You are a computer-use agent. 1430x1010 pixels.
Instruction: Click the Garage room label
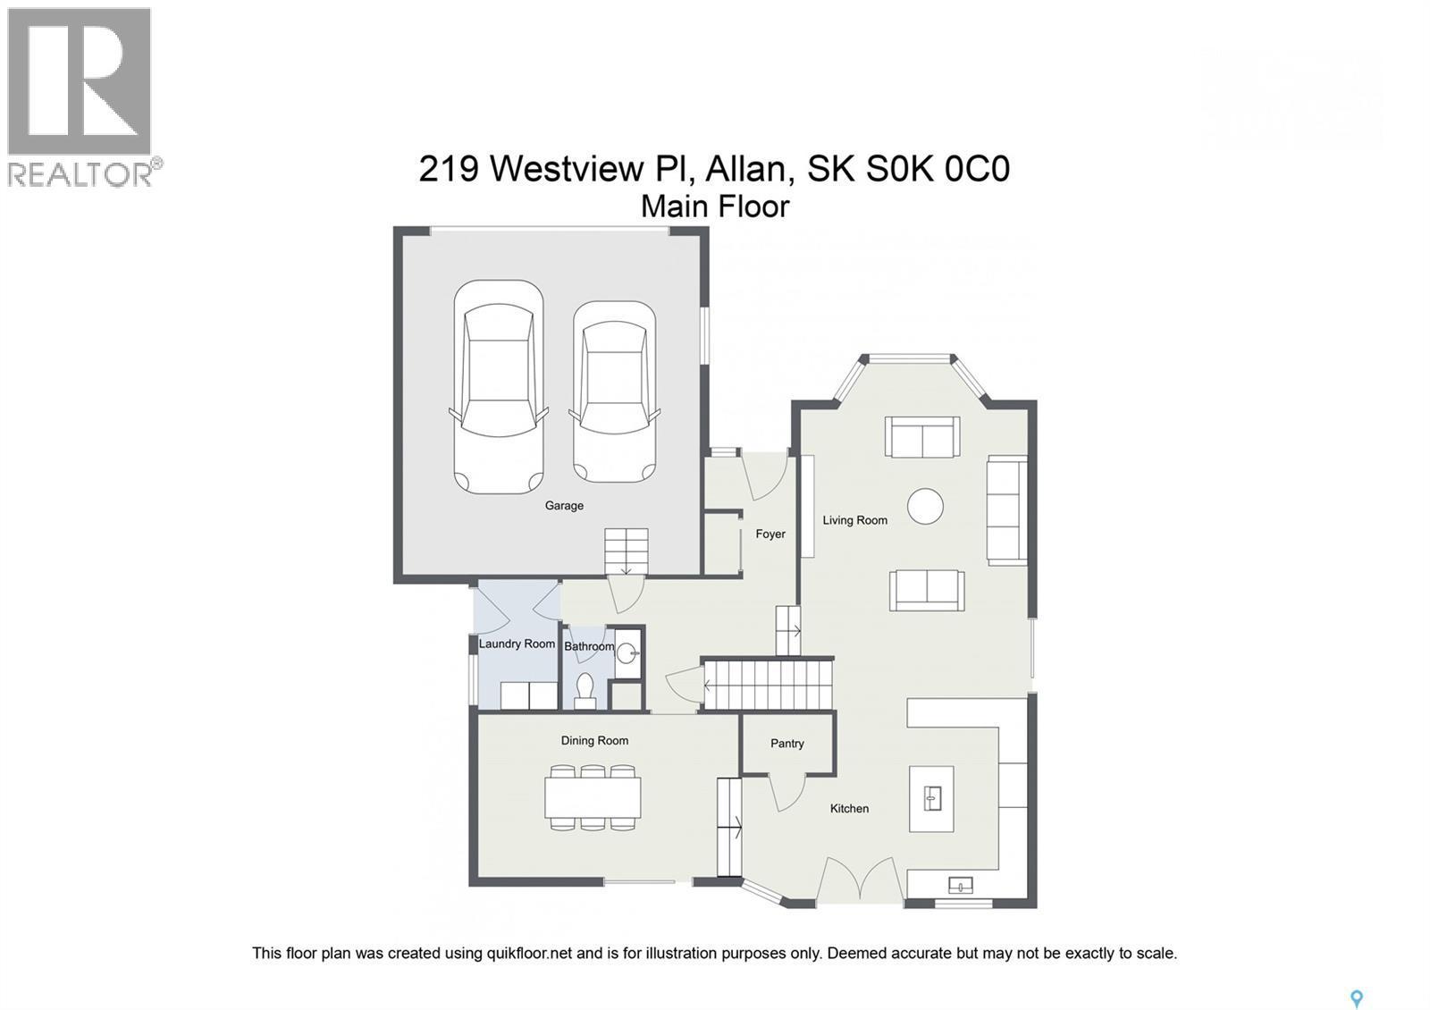point(564,506)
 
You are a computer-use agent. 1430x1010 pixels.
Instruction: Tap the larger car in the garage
point(498,386)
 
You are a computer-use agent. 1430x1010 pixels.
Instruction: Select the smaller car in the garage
point(614,391)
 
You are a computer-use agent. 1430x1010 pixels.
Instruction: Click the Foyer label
point(770,534)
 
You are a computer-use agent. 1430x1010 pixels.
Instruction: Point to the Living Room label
point(854,520)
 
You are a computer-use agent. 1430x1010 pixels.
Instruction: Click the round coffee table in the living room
point(925,506)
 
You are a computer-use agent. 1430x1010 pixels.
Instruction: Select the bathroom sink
point(627,650)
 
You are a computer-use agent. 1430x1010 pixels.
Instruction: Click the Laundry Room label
point(517,644)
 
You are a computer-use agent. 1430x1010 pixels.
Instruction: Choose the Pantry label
point(786,744)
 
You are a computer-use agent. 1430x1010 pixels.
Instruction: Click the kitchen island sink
point(932,797)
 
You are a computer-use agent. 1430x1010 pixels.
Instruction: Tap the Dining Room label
point(594,741)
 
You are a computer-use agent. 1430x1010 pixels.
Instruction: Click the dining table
point(593,798)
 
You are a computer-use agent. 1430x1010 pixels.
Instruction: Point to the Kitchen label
point(849,809)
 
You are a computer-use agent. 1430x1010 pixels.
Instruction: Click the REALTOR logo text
point(80,173)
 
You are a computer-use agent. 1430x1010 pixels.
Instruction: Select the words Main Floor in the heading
point(715,206)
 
